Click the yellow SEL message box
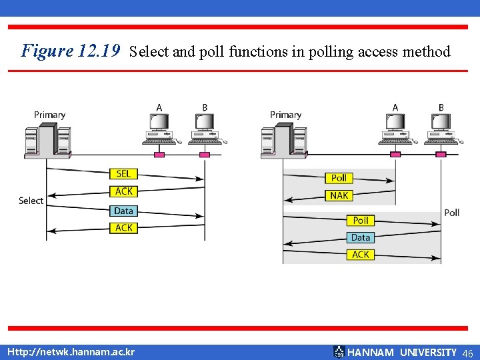(124, 174)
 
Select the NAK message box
(339, 195)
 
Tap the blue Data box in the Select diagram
(124, 211)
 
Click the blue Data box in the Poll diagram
(361, 237)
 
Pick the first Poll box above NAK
(339, 178)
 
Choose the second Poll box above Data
(361, 221)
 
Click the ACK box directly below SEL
(124, 191)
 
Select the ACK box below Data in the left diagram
(124, 228)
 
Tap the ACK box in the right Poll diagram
(361, 255)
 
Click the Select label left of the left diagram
(31, 201)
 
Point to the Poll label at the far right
(451, 213)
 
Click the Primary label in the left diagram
(50, 115)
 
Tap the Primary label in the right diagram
(286, 115)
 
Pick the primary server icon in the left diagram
(46, 141)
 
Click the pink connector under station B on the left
(205, 155)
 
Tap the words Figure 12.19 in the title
(70, 51)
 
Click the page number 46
(467, 353)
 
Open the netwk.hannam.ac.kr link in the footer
(71, 352)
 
